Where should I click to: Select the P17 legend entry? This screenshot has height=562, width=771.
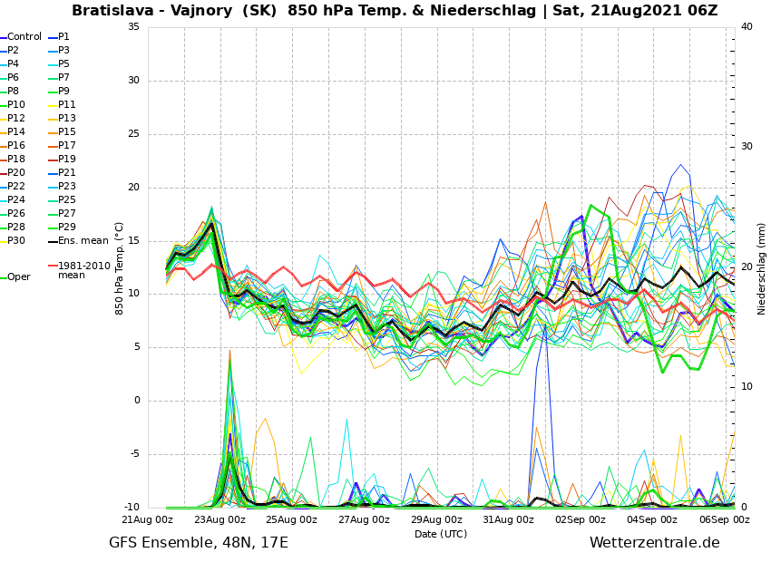point(67,146)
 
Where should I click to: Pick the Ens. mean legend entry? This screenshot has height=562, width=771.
point(83,241)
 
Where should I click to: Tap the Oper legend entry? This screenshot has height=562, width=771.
point(18,277)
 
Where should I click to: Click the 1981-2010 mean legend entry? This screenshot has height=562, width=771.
point(83,270)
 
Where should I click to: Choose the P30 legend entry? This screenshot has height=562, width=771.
point(16,241)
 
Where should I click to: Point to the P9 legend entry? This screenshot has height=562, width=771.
point(63,92)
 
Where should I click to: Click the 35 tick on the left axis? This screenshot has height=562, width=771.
point(133,27)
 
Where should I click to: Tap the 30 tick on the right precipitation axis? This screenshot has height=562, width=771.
point(747,147)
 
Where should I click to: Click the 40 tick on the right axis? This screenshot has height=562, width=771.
point(747,27)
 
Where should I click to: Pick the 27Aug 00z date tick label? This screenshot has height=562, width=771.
point(364,520)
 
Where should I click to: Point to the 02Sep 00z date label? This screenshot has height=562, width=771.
point(581,520)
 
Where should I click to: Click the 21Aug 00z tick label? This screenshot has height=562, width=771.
point(147,520)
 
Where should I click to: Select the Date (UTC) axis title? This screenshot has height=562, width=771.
point(441,534)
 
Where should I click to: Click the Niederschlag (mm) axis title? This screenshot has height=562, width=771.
point(762,268)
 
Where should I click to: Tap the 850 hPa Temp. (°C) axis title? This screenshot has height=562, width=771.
point(120,268)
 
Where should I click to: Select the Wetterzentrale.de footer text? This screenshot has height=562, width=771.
point(654,543)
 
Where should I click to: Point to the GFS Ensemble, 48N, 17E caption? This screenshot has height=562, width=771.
point(199,543)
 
